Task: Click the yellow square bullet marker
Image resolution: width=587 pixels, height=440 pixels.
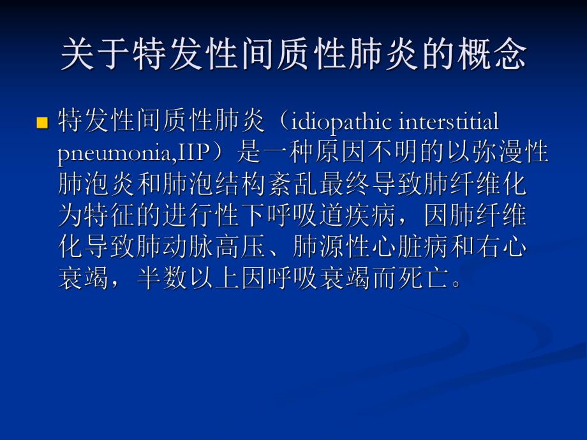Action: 43,122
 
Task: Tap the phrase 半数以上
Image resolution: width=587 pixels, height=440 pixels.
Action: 189,279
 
